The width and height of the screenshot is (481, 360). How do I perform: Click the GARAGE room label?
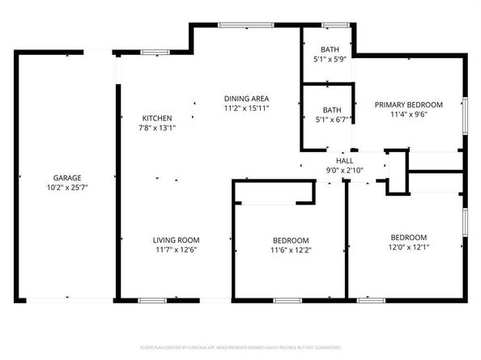pyautogui.click(x=66, y=177)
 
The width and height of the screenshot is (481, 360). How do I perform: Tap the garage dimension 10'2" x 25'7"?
pyautogui.click(x=66, y=187)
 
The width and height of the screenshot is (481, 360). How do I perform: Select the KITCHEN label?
pyautogui.click(x=157, y=118)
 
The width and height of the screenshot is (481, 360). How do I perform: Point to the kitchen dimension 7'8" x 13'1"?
pyautogui.click(x=157, y=128)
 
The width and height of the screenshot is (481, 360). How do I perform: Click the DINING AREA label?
pyautogui.click(x=246, y=99)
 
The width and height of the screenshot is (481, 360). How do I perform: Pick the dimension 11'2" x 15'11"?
pyautogui.click(x=246, y=108)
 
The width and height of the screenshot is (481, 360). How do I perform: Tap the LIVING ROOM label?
pyautogui.click(x=177, y=240)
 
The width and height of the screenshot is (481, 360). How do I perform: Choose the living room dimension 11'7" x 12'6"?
pyautogui.click(x=177, y=250)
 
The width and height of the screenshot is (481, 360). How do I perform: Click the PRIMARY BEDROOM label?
pyautogui.click(x=408, y=105)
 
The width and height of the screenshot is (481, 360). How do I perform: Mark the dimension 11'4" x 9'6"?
pyautogui.click(x=408, y=115)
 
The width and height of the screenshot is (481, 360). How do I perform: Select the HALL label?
pyautogui.click(x=345, y=160)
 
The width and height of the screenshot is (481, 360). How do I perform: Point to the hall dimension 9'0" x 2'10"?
pyautogui.click(x=345, y=170)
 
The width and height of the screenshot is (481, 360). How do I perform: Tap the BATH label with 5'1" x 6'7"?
pyautogui.click(x=332, y=110)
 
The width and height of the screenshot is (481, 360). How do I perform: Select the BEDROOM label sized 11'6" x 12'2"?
pyautogui.click(x=290, y=241)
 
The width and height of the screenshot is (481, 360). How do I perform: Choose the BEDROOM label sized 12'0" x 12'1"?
pyautogui.click(x=408, y=238)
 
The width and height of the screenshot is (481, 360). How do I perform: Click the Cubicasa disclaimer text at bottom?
pyautogui.click(x=240, y=347)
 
